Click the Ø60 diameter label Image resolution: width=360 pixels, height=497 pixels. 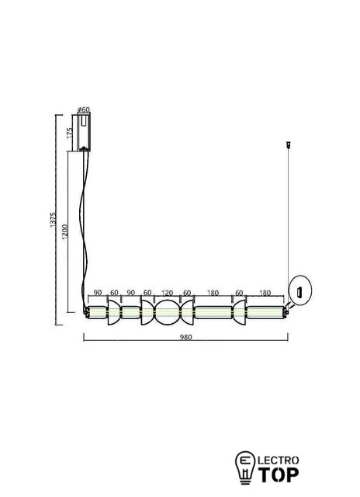coord(84,109)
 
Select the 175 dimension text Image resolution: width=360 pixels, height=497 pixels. coord(70,133)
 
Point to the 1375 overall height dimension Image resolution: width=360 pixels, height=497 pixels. coord(53,220)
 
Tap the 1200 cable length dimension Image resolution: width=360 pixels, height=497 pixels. coord(64,232)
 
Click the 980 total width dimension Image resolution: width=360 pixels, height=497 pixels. coord(186,337)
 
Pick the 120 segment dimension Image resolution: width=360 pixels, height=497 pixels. coord(167,294)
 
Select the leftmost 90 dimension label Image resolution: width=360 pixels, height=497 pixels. coord(98,293)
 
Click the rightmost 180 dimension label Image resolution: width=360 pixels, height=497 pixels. coord(265,294)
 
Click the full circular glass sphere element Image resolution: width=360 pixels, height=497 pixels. coord(167,312)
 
